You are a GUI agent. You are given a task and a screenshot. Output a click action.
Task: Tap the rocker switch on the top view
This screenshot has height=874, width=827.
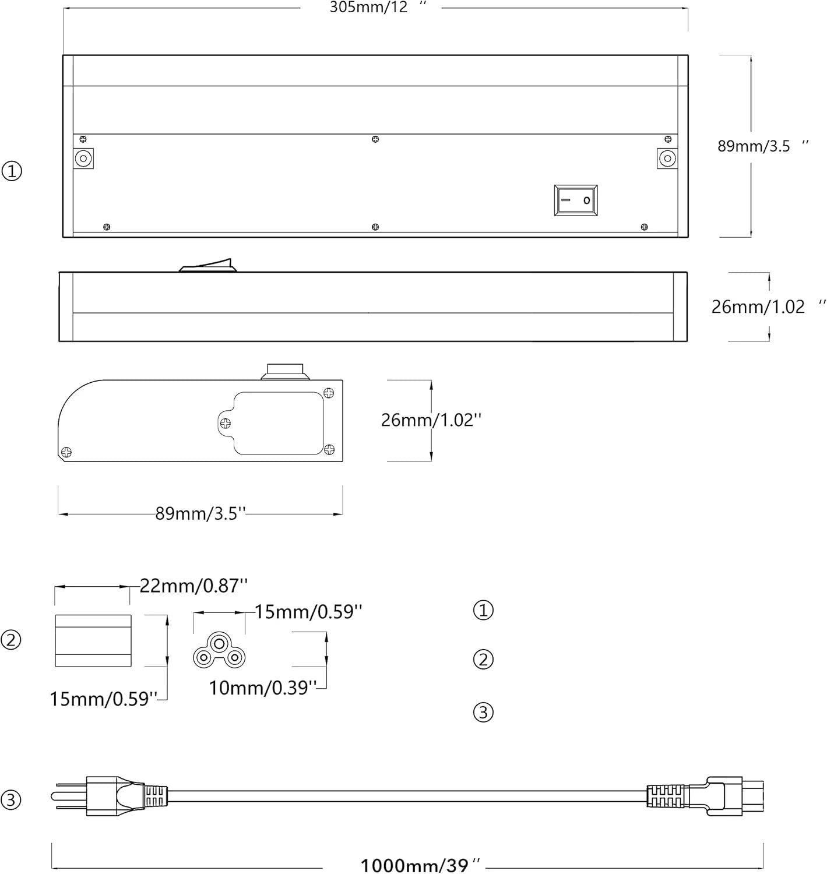pos(576,200)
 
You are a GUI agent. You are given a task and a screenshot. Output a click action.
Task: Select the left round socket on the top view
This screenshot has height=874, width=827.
pos(84,158)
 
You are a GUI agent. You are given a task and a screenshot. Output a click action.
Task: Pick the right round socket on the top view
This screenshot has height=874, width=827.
pos(667,158)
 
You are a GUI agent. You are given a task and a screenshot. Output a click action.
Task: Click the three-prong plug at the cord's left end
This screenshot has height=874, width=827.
pos(105,795)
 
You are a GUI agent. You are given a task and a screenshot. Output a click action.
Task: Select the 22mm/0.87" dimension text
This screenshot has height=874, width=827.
pos(193,585)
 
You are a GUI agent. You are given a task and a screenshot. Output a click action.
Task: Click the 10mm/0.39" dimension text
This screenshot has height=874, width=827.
pos(263,688)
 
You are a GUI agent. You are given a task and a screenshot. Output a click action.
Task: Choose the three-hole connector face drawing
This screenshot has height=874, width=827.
pos(219,653)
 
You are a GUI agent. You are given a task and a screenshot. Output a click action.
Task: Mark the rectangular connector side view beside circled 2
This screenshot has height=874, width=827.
pos(93,640)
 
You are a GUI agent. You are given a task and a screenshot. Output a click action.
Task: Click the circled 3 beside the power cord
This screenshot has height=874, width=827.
pos(11,799)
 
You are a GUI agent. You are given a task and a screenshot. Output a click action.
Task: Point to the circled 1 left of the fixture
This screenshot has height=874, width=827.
pos(12,171)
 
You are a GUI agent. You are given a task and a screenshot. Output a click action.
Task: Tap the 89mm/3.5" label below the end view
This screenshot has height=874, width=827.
pos(200,513)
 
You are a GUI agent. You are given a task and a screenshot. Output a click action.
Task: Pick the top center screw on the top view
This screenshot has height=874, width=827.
pos(375,139)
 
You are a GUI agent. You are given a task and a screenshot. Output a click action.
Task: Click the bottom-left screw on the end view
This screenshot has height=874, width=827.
pos(66,452)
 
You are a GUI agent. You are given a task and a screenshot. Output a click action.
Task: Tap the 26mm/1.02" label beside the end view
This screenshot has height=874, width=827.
pos(431,420)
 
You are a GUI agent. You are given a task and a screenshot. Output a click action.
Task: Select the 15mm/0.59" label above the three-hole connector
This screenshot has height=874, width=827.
pos(308,611)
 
